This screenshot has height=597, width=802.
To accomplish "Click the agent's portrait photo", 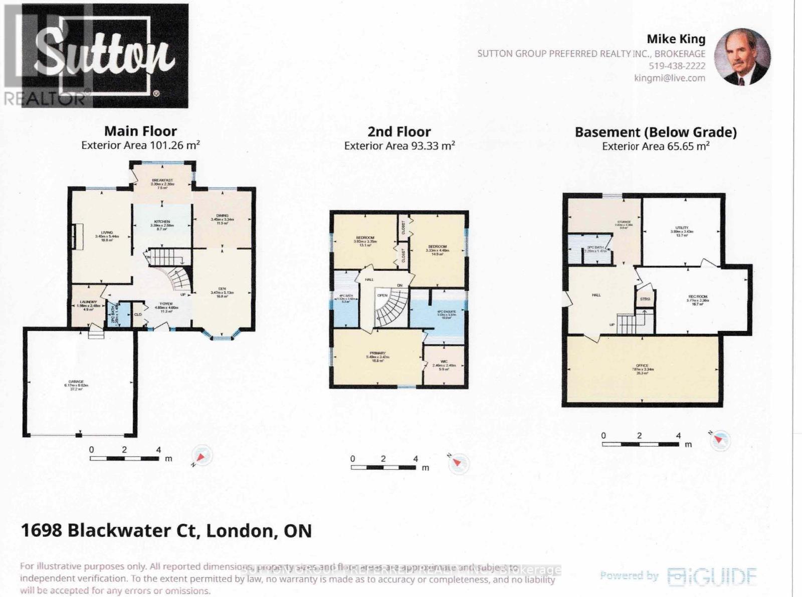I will pos(742,57).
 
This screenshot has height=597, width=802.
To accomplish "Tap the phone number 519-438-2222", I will pos(677,66).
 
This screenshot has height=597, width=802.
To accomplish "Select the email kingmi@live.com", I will pos(669,78).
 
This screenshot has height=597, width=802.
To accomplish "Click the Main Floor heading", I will pos(140,131).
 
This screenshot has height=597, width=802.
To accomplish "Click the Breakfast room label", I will pos(162,180).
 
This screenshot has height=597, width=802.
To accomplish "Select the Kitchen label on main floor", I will pos(162,221).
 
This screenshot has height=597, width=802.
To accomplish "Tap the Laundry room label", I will pos(88,302).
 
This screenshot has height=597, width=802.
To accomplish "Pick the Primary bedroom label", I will pos(377,353).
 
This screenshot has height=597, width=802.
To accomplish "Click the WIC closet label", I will pos(444,361).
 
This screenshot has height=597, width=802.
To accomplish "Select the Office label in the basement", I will pos(642,366).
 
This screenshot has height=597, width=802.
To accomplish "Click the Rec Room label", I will pos(698,296).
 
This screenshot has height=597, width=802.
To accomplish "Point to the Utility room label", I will pos(682,228).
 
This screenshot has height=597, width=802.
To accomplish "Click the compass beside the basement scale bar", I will pos(720,440).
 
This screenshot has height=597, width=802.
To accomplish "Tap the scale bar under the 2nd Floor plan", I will pos(383,467).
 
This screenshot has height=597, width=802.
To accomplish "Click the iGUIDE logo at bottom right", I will pos(712,576).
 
